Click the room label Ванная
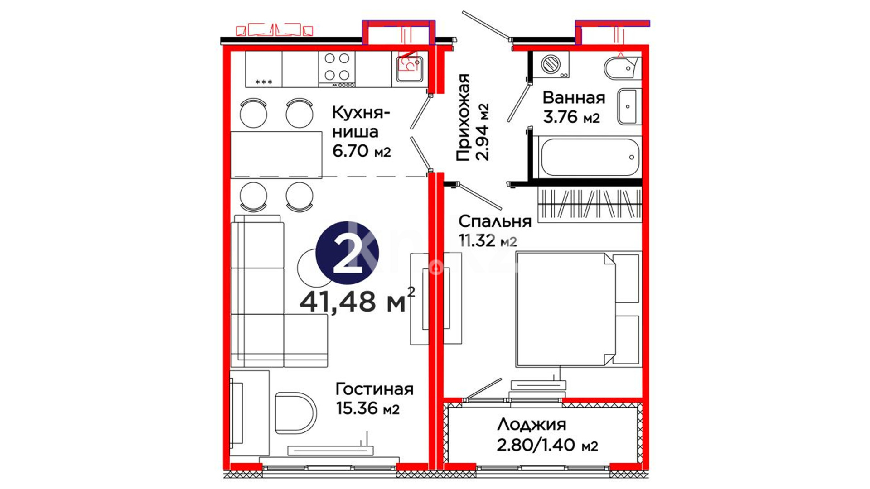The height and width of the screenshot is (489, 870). click(574, 97)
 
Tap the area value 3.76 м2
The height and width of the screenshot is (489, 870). click(571, 117)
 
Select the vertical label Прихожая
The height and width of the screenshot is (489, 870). click(463, 118)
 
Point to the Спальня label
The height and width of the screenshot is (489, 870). click(494, 221)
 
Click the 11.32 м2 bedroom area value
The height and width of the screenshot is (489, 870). click(488, 240)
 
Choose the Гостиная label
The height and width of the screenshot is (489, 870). click(374, 389)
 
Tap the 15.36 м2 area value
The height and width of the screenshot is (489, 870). click(367, 408)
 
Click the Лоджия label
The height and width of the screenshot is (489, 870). click(532, 425)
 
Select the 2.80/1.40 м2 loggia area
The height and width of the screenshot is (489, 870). click(547, 445)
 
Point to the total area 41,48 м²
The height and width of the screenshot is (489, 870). click(357, 300)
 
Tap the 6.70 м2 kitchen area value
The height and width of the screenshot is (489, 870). click(361, 151)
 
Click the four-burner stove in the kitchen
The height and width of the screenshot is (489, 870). click(337, 69)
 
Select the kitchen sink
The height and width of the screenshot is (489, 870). click(410, 69)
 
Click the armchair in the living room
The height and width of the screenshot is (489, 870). click(295, 412)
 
